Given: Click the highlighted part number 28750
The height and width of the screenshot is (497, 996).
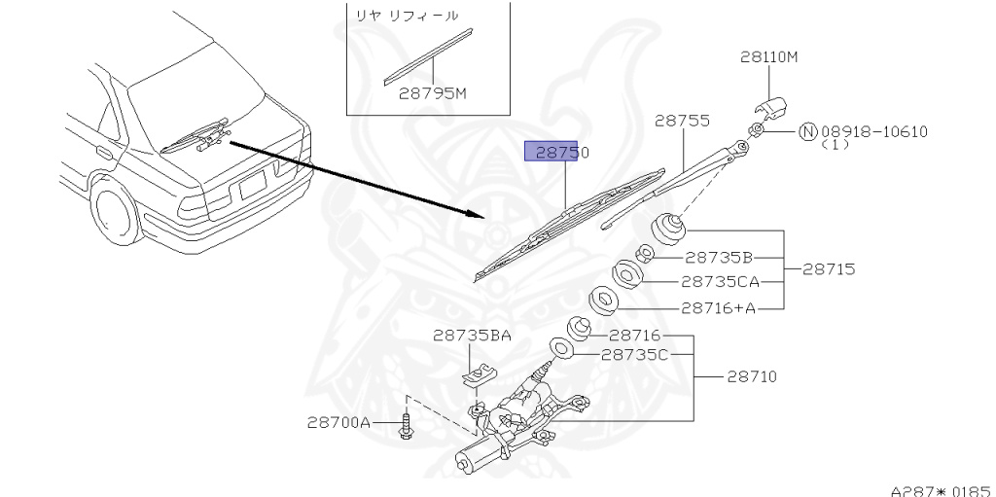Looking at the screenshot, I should coord(556,152).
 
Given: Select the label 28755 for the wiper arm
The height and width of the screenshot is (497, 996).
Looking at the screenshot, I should coord(681,121).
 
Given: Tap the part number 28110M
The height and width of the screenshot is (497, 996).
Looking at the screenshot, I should coord(768,57).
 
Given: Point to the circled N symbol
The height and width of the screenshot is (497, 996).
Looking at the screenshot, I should coord(807,131).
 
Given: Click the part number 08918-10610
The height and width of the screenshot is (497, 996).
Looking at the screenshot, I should coord(874,131).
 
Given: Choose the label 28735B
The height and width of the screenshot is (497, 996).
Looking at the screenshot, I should coord(718,258).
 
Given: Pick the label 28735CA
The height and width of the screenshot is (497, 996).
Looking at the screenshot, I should coord(720,282).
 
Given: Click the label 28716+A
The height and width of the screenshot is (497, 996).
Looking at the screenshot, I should coord(718,307).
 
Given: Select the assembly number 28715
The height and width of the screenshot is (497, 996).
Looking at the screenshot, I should coord(829,269).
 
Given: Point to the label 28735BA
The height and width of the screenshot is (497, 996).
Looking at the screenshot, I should coord(472,336).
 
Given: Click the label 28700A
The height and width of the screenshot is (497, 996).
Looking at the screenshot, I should coord(338,422).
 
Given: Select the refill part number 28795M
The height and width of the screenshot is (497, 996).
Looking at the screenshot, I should coord(433,94).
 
